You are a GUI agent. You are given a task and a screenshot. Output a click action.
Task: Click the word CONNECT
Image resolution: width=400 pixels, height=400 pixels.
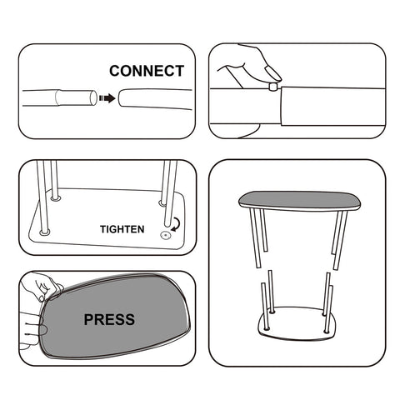click(x=147, y=71)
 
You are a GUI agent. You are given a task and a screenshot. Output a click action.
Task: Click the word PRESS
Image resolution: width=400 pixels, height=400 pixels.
click(x=109, y=318)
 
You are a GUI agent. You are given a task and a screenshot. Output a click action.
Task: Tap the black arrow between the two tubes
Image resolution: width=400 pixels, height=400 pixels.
click(x=106, y=97)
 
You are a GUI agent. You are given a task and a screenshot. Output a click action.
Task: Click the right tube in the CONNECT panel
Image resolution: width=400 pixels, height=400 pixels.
click(x=154, y=97)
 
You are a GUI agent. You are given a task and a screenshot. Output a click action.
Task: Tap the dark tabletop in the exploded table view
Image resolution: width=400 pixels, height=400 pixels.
click(x=297, y=200)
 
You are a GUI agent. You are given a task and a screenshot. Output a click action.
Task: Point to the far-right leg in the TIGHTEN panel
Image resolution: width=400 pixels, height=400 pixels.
click(x=174, y=187)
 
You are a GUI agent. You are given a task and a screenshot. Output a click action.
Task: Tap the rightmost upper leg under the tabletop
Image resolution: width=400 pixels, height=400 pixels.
click(x=340, y=239)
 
